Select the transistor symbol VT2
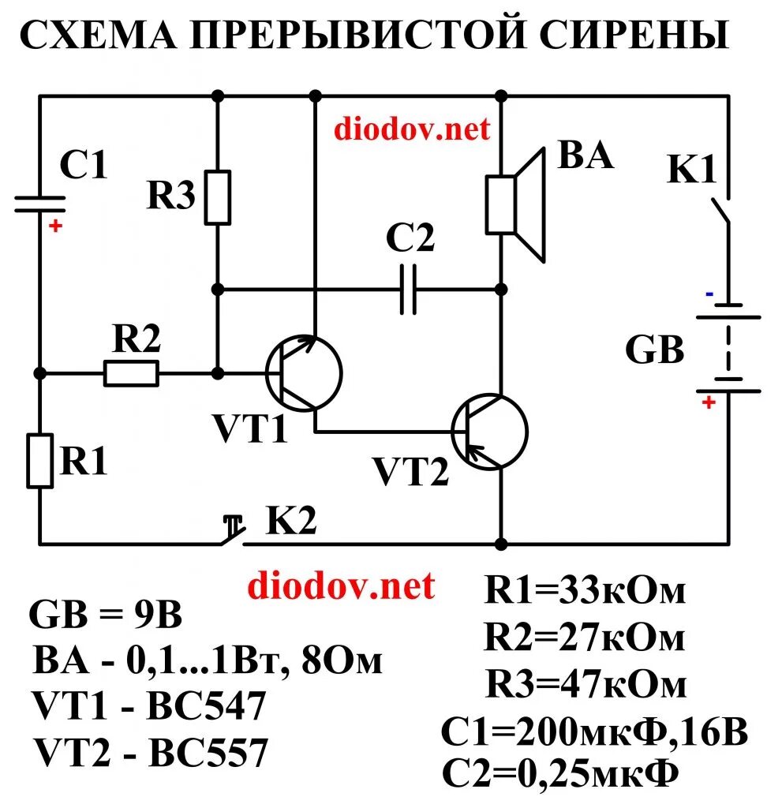[x=489, y=432]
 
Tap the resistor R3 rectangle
[x=218, y=197]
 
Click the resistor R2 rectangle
[x=131, y=373]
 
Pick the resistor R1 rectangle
[x=39, y=460]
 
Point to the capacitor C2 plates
[x=407, y=289]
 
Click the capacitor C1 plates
[x=39, y=204]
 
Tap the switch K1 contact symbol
[x=721, y=209]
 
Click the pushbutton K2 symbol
[x=233, y=533]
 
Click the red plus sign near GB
[x=708, y=402]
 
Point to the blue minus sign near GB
[x=709, y=294]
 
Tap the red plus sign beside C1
[x=55, y=226]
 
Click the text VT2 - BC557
[x=150, y=754]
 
